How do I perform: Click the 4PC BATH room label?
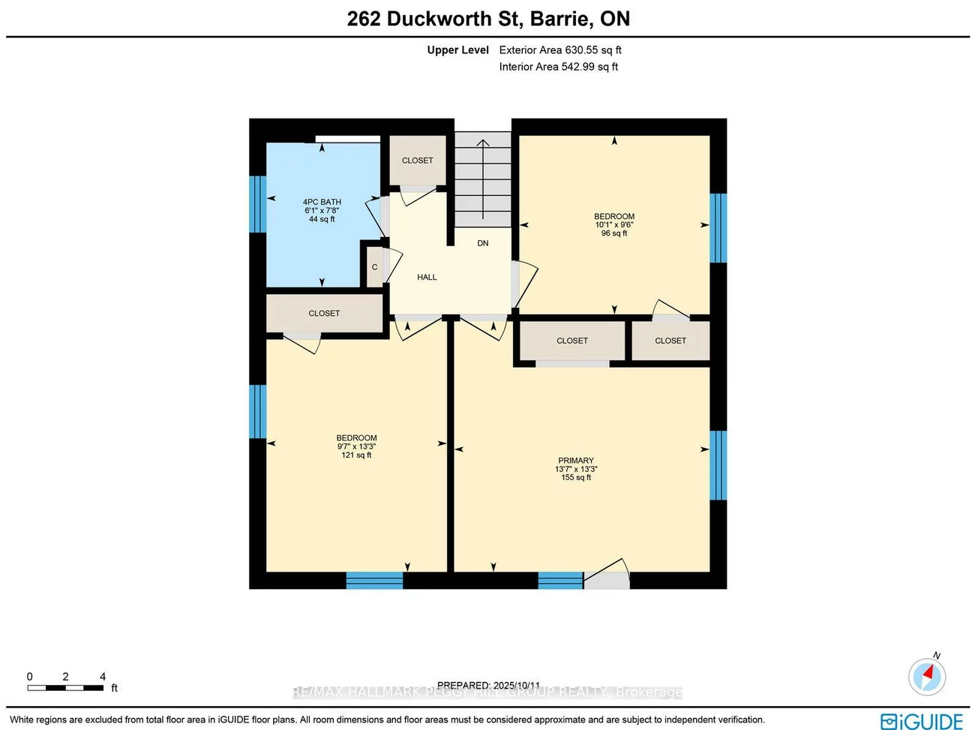click(322, 202)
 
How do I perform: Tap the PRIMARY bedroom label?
click(576, 461)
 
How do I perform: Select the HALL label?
click(427, 277)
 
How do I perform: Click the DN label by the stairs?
click(483, 243)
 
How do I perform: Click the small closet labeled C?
click(374, 267)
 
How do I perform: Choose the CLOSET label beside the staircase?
click(417, 161)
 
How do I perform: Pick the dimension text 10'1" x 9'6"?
click(614, 225)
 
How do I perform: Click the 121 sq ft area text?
click(356, 455)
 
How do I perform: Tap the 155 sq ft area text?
click(576, 478)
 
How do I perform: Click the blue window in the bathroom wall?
click(258, 204)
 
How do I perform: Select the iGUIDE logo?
click(922, 721)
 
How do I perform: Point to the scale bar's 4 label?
click(103, 677)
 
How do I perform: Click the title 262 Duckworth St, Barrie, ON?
click(488, 19)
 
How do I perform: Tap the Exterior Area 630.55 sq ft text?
click(560, 50)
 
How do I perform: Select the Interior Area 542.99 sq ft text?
click(559, 67)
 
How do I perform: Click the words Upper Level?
click(457, 50)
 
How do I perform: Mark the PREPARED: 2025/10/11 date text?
click(488, 685)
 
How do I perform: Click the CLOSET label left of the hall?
click(324, 314)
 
